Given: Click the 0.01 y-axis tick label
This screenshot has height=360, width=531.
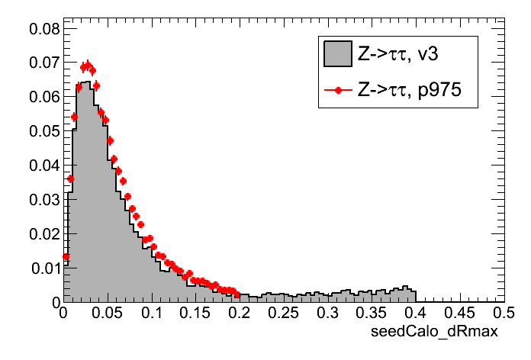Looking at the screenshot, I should (x=44, y=268).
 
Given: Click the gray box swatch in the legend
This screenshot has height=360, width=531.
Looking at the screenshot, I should (x=336, y=54).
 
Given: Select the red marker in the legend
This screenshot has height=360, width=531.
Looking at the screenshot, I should (x=336, y=89).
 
